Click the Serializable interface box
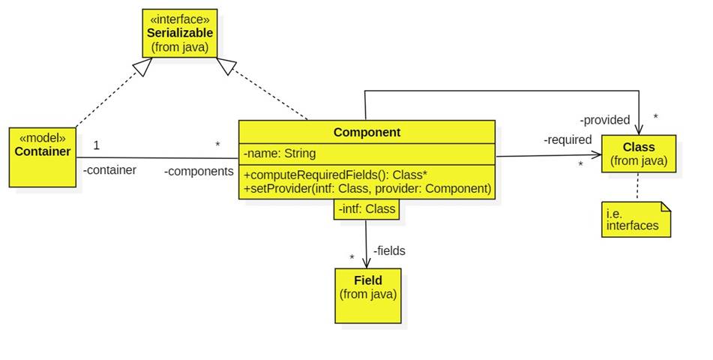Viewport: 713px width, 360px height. click(180, 33)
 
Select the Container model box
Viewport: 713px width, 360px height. click(42, 157)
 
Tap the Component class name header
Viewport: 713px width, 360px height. click(367, 132)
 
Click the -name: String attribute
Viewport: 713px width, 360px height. click(280, 154)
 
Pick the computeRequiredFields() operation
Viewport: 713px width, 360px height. click(335, 174)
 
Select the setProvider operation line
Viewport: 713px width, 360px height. click(367, 188)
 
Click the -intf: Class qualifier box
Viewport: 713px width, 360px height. click(367, 209)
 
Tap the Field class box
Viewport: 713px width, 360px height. click(367, 295)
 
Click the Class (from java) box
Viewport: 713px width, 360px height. click(638, 154)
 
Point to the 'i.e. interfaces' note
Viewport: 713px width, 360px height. click(634, 219)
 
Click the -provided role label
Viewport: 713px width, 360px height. click(604, 120)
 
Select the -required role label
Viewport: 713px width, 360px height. click(568, 139)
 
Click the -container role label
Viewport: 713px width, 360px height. click(109, 170)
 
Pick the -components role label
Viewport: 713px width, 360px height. click(199, 171)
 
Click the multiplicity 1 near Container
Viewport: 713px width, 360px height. click(96, 145)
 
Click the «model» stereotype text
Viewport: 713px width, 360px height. click(42, 138)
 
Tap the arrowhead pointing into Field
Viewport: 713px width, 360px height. click(367, 262)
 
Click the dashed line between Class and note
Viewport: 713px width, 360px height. click(638, 187)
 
